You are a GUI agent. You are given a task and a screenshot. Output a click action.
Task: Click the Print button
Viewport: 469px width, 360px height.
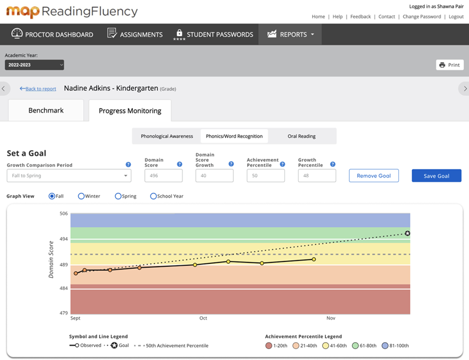tap(450, 65)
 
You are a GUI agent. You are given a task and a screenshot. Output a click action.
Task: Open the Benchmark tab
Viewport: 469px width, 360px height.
tap(46, 111)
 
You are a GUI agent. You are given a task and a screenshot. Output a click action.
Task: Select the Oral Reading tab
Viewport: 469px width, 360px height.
tap(302, 136)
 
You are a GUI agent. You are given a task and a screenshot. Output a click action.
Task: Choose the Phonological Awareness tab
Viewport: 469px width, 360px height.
tap(167, 136)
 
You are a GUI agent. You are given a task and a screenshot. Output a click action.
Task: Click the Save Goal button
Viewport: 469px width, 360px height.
tap(436, 176)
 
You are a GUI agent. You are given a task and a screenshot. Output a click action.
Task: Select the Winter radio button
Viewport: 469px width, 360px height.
tap(81, 196)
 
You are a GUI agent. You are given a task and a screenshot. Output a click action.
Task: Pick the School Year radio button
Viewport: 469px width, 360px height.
tap(153, 196)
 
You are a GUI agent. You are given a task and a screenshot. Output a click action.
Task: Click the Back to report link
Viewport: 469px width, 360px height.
tap(38, 89)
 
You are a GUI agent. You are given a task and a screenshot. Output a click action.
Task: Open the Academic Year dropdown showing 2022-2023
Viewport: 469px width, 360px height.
tap(34, 65)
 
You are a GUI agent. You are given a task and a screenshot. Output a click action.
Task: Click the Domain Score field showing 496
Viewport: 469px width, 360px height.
tap(164, 176)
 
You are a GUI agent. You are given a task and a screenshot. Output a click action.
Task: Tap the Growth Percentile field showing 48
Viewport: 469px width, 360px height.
tap(317, 176)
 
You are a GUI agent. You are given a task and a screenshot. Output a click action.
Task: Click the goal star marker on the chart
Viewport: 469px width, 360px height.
tap(407, 233)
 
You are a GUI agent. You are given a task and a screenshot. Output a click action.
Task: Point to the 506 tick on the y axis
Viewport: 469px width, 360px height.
tap(63, 213)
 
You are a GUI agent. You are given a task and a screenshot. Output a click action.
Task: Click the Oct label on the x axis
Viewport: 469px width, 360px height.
tap(203, 318)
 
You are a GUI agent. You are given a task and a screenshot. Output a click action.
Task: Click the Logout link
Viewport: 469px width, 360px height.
tap(456, 16)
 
